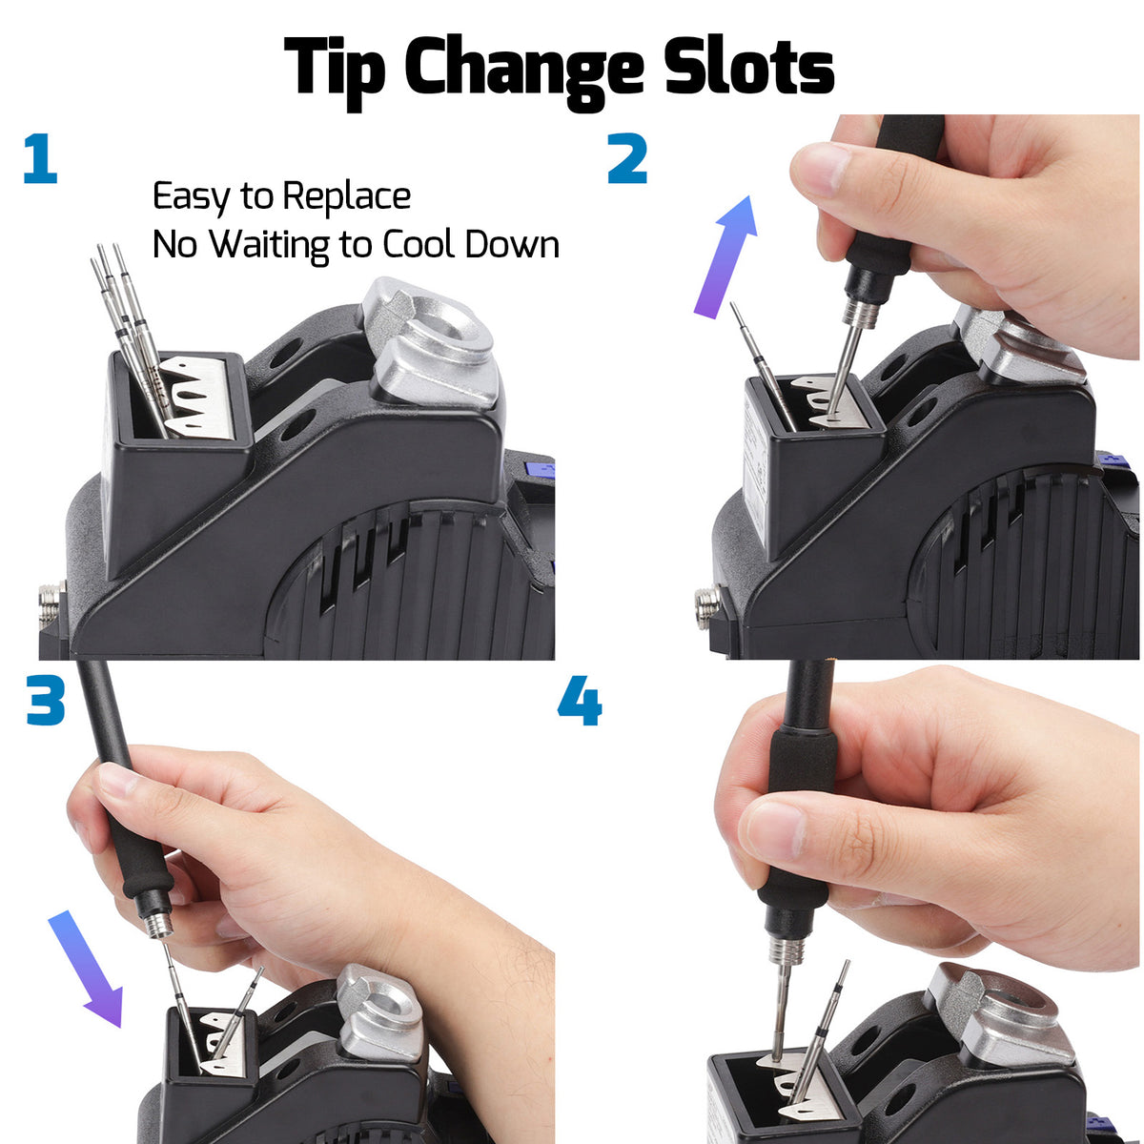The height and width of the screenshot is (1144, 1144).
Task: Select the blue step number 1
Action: pyautogui.click(x=40, y=158)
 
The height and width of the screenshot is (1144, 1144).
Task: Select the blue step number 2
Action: pyautogui.click(x=627, y=158)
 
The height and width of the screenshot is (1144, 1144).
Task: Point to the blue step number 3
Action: pyautogui.click(x=46, y=700)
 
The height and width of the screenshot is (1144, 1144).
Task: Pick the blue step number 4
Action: pyautogui.click(x=580, y=701)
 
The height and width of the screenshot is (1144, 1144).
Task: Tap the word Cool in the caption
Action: pyautogui.click(x=419, y=244)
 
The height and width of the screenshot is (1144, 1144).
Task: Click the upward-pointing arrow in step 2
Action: pyautogui.click(x=726, y=256)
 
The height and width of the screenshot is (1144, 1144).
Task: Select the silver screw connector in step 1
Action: pyautogui.click(x=51, y=605)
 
